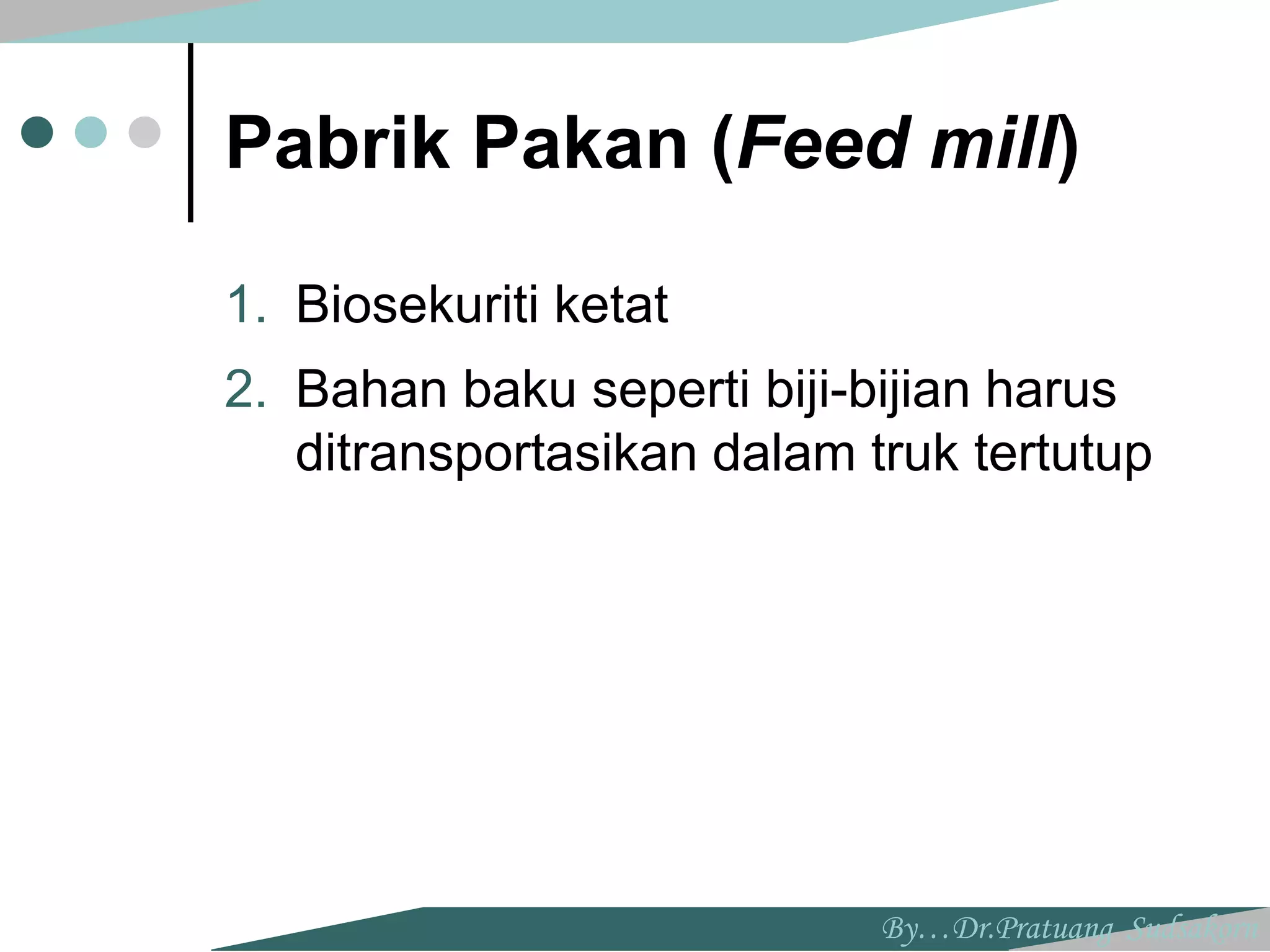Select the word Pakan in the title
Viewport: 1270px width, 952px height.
(580, 144)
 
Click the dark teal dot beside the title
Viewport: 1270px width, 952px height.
(37, 132)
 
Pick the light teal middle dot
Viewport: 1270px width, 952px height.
(91, 132)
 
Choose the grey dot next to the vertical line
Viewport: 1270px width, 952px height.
(144, 132)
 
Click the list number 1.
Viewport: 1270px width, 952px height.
(246, 304)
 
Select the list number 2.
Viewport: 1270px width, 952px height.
(246, 390)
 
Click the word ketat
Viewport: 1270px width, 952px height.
(611, 304)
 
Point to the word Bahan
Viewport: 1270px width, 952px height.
(371, 390)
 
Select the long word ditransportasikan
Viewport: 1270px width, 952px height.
(496, 455)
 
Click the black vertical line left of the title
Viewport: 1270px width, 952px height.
(190, 132)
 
